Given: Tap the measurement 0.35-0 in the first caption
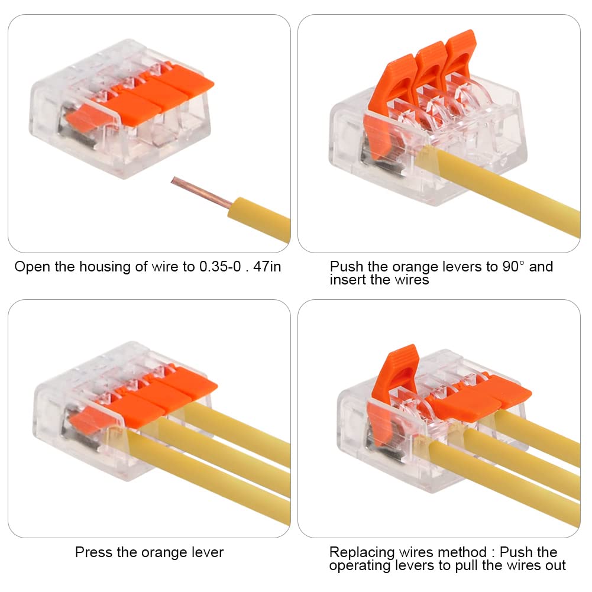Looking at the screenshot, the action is click(220, 267).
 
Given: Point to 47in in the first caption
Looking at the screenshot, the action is click(267, 267).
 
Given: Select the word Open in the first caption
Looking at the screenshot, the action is click(32, 267).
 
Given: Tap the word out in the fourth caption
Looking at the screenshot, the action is click(556, 565).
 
